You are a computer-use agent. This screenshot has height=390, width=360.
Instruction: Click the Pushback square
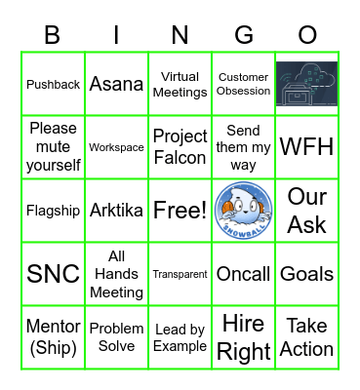pos(54,85)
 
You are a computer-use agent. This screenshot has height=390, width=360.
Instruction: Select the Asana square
pos(117,85)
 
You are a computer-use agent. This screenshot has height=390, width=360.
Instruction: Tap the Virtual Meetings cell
pos(180,85)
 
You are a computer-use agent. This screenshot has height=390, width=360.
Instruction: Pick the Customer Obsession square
pos(244,85)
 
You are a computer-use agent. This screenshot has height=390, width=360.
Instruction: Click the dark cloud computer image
pos(306,84)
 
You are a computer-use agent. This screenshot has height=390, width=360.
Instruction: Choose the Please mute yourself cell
pos(54,147)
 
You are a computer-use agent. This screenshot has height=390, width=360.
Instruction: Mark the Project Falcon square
pos(180,147)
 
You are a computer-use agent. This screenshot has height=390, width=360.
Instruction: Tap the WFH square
pos(306,147)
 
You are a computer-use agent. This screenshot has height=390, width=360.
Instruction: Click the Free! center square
pos(180,211)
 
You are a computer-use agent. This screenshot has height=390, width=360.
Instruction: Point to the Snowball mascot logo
pos(244,211)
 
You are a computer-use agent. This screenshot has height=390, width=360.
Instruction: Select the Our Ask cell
pos(306,211)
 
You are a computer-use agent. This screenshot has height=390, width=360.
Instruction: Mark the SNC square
pos(54,274)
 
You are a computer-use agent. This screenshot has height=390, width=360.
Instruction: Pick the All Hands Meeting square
pos(117,274)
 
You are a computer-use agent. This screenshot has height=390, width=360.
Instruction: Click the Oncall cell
pos(244,274)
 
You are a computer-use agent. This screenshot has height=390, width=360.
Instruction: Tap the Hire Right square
pos(244,337)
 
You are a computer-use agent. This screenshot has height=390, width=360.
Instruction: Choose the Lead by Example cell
pos(180,337)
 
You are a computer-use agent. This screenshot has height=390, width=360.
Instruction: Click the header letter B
pos(53,35)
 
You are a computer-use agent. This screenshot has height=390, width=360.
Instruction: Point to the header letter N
pos(180,35)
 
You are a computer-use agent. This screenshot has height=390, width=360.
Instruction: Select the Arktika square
pos(117,211)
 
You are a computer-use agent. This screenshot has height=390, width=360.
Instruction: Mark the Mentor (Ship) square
pos(54,337)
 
